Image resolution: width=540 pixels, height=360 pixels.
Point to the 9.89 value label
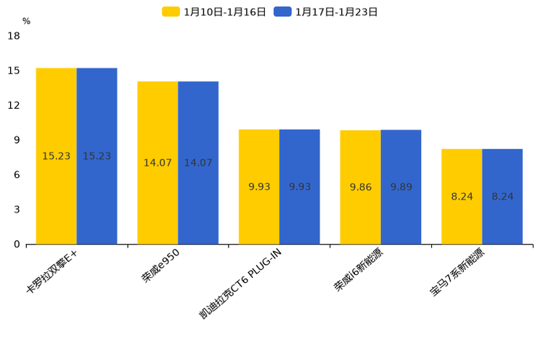401,187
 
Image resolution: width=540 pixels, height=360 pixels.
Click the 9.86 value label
361,187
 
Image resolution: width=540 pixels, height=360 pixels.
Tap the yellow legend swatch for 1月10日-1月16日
171,12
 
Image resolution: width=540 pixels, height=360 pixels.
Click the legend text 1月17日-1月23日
336,12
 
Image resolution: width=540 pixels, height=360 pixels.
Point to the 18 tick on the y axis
14,36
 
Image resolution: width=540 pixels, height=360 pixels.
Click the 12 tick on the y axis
14,105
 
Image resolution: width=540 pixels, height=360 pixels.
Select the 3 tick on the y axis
17,210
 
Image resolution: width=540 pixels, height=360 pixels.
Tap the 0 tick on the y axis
17,245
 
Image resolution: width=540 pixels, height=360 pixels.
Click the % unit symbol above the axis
26,21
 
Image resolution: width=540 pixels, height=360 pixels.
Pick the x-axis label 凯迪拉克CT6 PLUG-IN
240,283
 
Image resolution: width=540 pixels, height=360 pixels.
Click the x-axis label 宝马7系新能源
458,273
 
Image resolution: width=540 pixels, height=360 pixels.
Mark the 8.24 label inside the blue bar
502,197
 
